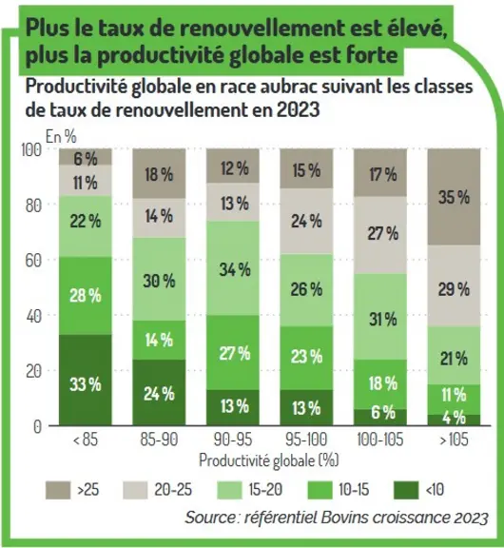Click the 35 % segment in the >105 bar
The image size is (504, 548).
pyautogui.click(x=454, y=197)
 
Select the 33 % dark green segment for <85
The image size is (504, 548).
pyautogui.click(x=86, y=380)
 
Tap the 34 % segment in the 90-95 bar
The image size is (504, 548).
pyautogui.click(x=233, y=268)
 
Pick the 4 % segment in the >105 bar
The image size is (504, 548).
pyautogui.click(x=454, y=421)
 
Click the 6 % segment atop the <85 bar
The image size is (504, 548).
pyautogui.click(x=86, y=157)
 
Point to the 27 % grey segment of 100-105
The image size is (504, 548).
pyautogui.click(x=380, y=235)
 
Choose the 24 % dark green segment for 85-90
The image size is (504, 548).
pyautogui.click(x=159, y=393)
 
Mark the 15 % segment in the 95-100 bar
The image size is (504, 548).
pyautogui.click(x=306, y=168)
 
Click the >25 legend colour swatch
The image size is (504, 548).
pyautogui.click(x=58, y=490)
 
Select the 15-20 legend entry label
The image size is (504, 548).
pyautogui.click(x=265, y=490)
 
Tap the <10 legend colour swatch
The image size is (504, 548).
pyautogui.click(x=406, y=490)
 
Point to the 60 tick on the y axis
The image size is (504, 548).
pyautogui.click(x=33, y=261)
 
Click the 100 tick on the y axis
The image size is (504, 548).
pyautogui.click(x=31, y=149)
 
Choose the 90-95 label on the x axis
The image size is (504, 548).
pyautogui.click(x=233, y=440)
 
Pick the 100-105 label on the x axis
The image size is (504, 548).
pyautogui.click(x=380, y=440)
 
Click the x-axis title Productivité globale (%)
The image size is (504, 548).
pyautogui.click(x=269, y=460)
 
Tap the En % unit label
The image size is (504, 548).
pyautogui.click(x=61, y=136)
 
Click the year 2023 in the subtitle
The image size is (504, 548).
pyautogui.click(x=298, y=109)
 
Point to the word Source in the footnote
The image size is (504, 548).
pyautogui.click(x=210, y=518)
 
